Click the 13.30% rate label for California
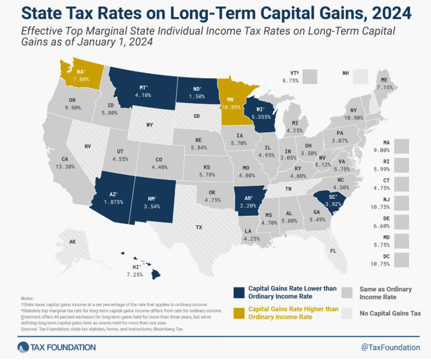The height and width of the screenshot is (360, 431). [65, 167]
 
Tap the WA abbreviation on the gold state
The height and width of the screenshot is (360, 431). [80, 72]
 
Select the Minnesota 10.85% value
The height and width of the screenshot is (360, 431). [231, 107]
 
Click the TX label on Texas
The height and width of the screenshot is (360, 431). [199, 227]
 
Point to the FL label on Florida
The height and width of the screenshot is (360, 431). [333, 251]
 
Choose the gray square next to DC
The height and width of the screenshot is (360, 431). [401, 260]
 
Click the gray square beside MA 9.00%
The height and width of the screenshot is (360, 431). [401, 146]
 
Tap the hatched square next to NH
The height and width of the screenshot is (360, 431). [360, 77]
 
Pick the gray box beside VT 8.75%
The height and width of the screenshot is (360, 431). [310, 77]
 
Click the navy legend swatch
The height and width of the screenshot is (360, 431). [239, 293]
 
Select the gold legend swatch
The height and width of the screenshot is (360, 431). [239, 313]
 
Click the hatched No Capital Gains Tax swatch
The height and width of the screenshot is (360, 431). [347, 313]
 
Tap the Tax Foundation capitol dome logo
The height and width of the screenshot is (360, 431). [23, 348]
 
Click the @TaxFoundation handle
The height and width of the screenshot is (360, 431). [390, 348]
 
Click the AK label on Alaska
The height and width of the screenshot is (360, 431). [72, 242]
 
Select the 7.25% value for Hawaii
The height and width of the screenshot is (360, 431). [134, 274]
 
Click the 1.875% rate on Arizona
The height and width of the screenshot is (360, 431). [114, 202]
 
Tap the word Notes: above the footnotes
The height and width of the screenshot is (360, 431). [27, 298]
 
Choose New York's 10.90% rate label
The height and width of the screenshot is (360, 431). [354, 118]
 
